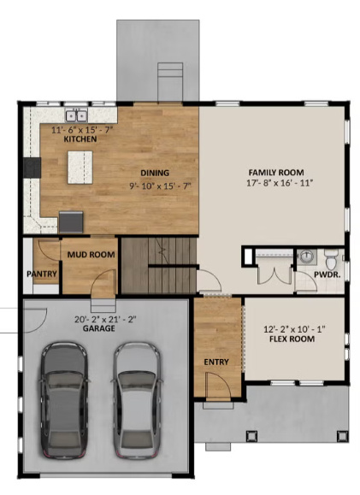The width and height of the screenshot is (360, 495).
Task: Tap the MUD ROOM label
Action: coord(91,254)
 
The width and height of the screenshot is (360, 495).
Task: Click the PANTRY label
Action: coord(41,274)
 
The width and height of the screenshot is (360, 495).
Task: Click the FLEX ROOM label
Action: coord(292,339)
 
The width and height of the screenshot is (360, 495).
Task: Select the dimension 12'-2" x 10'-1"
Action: coord(292,328)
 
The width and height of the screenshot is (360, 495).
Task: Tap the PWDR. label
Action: coord(328,276)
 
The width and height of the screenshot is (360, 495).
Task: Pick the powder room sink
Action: coord(306,256)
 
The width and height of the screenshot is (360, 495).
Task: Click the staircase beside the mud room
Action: coord(158,266)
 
